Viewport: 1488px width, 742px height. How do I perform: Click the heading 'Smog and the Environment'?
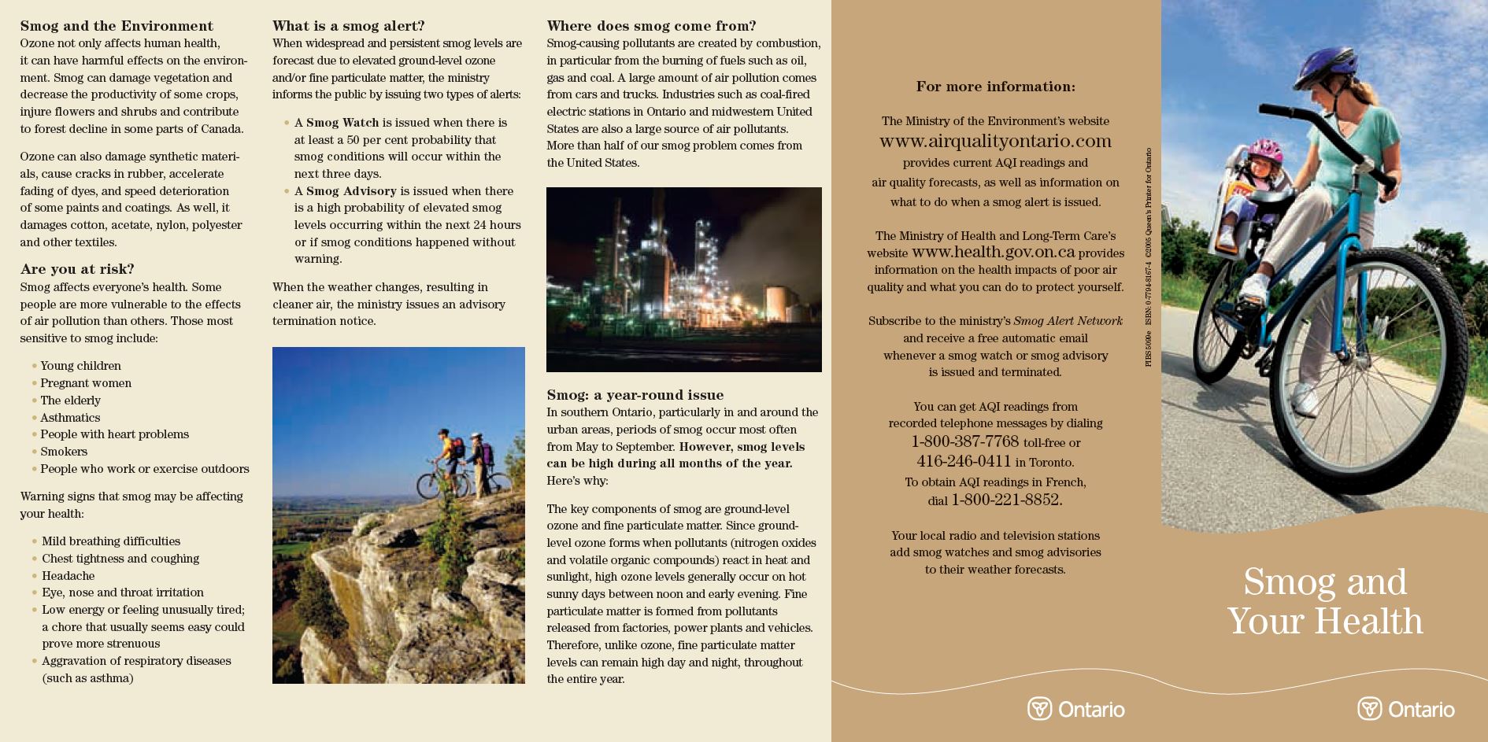click(x=117, y=26)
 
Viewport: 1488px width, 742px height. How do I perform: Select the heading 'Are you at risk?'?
click(x=77, y=269)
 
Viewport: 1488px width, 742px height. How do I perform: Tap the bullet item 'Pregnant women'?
click(x=86, y=383)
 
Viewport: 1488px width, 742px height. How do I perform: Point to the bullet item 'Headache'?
click(x=68, y=576)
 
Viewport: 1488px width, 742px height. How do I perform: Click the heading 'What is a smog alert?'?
click(x=348, y=26)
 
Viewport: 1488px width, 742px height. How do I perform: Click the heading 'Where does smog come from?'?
click(x=651, y=26)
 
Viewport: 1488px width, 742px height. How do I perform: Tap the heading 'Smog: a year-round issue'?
click(x=635, y=395)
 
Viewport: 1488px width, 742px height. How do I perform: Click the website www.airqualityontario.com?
click(x=995, y=142)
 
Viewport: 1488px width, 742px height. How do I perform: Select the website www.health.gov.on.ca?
click(x=993, y=253)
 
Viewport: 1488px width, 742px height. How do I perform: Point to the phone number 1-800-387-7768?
click(x=964, y=442)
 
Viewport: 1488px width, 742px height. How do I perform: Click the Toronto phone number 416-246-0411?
click(x=964, y=462)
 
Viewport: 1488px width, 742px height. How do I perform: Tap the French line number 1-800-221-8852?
click(x=1006, y=500)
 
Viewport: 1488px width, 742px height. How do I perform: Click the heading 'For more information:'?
click(x=995, y=87)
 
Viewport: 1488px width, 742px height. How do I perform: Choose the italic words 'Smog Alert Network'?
click(x=1068, y=321)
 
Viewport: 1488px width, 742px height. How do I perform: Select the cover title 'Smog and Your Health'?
click(x=1325, y=602)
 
